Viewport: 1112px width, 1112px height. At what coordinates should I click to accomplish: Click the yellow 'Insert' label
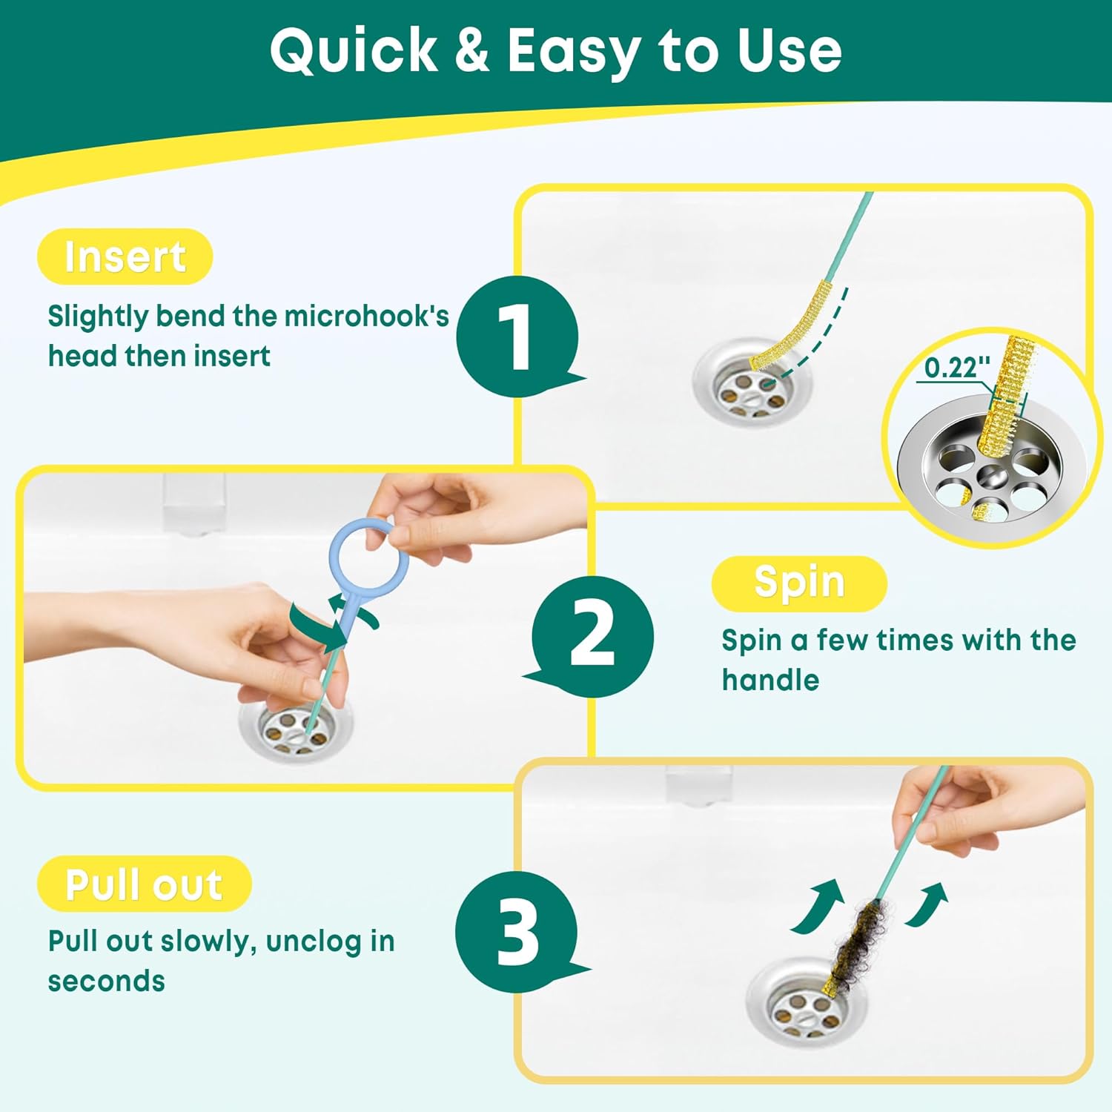[125, 257]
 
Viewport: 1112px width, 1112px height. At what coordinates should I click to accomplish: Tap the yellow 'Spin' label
[799, 583]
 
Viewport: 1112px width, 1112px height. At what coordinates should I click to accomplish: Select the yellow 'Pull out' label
[144, 884]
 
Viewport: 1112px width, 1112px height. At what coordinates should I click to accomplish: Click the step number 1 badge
[517, 336]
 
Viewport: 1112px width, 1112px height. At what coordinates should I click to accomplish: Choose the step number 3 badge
[517, 931]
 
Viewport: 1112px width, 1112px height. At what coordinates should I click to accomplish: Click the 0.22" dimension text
[957, 367]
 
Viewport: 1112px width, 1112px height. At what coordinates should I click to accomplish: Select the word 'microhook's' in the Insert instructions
[367, 317]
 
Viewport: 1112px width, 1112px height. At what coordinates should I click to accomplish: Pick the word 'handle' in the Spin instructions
[770, 680]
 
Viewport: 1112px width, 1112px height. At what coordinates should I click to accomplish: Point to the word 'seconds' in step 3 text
[107, 981]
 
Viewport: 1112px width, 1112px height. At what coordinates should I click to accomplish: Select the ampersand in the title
[471, 51]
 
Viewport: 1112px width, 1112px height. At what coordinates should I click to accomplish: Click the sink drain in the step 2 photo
[297, 730]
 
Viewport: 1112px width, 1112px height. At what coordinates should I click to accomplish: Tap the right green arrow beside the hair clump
[927, 904]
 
